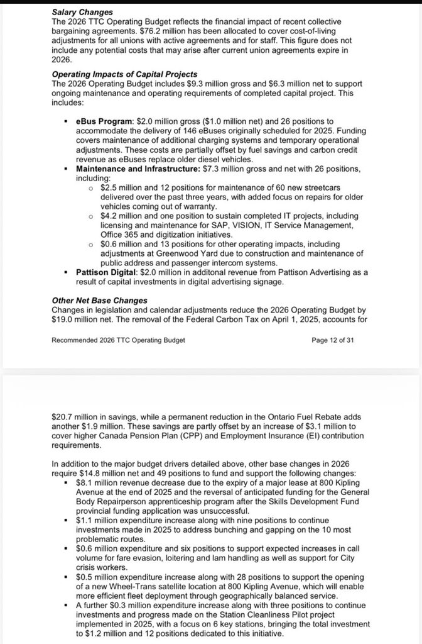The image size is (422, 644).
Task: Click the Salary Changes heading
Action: coord(82,12)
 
